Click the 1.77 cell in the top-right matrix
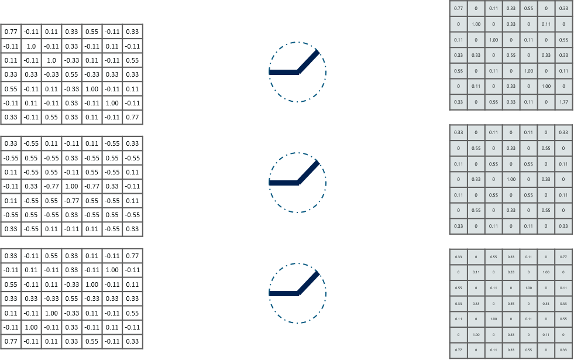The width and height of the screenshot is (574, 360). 563,102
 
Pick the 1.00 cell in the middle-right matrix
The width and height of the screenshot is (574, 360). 511,180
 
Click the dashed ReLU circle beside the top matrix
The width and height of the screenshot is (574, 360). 298,72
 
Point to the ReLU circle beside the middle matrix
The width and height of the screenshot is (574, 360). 298,183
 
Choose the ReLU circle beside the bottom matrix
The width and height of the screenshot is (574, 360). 298,293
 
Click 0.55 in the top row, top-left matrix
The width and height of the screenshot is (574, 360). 92,32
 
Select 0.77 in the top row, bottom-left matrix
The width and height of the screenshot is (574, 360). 132,256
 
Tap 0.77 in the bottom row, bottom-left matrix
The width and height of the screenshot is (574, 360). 11,341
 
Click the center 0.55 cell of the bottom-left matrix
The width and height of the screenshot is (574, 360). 72,299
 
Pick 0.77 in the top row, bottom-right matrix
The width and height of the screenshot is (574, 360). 563,256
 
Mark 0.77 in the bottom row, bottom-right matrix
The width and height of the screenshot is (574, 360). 459,349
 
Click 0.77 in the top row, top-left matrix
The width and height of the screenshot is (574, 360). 11,32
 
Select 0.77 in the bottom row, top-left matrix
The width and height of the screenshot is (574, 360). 132,117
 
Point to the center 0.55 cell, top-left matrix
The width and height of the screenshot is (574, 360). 72,74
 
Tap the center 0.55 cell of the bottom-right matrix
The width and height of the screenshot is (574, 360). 511,303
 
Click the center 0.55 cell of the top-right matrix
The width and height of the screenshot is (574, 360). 511,56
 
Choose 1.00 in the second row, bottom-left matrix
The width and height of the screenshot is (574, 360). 112,270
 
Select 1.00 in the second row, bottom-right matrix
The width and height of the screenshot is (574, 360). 546,272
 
